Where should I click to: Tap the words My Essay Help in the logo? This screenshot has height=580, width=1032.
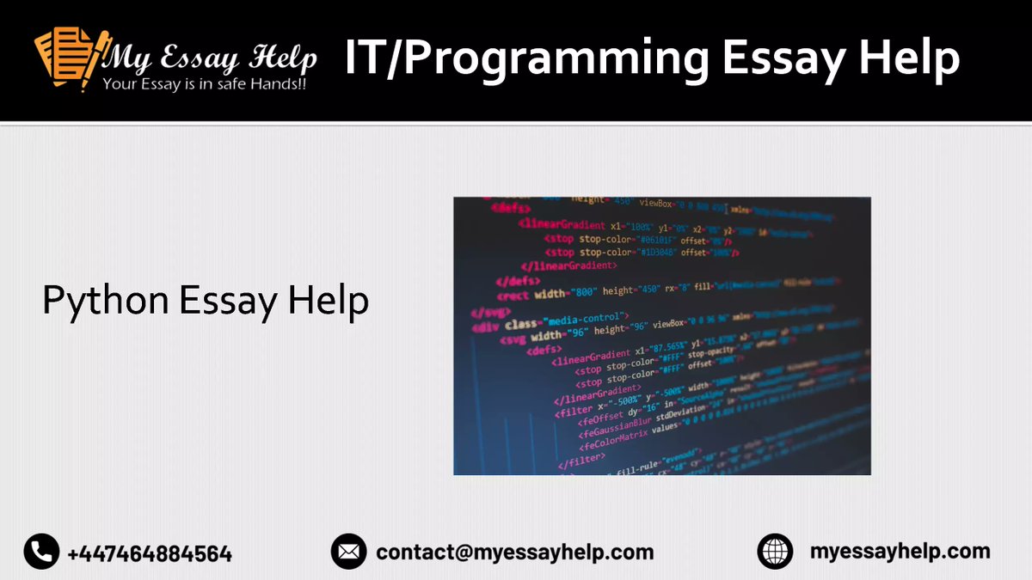(x=210, y=58)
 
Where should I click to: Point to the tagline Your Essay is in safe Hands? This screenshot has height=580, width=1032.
(x=204, y=84)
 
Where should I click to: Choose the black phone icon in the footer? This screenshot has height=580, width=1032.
(x=41, y=552)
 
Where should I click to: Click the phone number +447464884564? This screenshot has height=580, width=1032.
(x=150, y=553)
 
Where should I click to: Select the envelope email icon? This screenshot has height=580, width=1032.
(x=348, y=552)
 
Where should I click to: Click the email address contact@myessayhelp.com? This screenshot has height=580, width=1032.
(x=514, y=552)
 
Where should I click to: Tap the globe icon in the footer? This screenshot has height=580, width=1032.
(x=775, y=552)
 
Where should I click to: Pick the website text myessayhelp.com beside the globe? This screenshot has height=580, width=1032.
(x=900, y=552)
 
